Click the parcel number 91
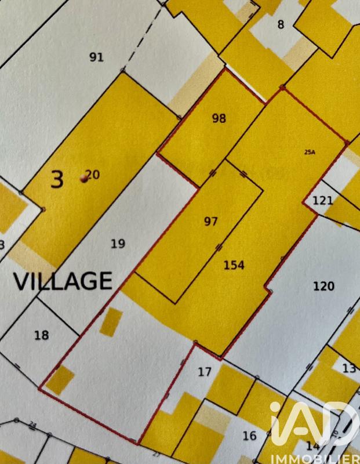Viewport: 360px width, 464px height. point(96,57)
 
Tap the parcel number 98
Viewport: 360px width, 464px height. point(219,118)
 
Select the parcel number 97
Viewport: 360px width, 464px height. point(211,221)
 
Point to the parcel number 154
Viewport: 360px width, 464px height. point(234,265)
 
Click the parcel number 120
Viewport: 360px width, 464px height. point(323,285)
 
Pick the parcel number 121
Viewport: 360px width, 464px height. point(323,201)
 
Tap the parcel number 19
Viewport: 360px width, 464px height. point(118,243)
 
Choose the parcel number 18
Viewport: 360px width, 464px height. point(42,335)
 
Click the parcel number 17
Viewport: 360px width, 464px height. point(204,372)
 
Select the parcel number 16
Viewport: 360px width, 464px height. point(249,436)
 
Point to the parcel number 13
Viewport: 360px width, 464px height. point(349,368)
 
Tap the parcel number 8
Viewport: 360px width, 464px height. point(281,24)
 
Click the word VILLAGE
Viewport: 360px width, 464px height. point(63,281)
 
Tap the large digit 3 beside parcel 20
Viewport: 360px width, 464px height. point(57,179)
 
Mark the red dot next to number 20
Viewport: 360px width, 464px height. point(84,179)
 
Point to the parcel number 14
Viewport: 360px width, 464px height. point(312,445)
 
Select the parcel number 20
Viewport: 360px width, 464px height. point(93,175)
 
